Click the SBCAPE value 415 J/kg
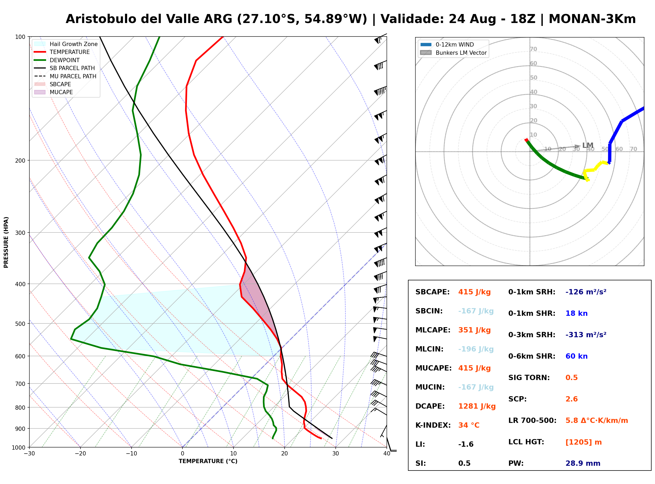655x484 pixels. click(x=474, y=292)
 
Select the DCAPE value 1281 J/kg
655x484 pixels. click(x=477, y=406)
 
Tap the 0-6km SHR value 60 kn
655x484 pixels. click(x=576, y=356)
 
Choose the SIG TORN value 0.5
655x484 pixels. click(x=571, y=378)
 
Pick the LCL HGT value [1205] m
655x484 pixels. click(x=584, y=442)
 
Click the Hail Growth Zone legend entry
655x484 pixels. click(x=66, y=44)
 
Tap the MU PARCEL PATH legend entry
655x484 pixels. click(x=65, y=76)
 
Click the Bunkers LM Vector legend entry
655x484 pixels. click(x=453, y=53)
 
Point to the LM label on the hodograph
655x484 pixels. click(x=587, y=145)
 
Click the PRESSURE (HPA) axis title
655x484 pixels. click(x=6, y=242)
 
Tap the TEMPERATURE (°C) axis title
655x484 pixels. click(x=208, y=462)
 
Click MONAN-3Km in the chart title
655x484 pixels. click(x=592, y=19)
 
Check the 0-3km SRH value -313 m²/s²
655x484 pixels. click(x=586, y=335)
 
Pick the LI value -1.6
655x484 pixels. click(x=466, y=444)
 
